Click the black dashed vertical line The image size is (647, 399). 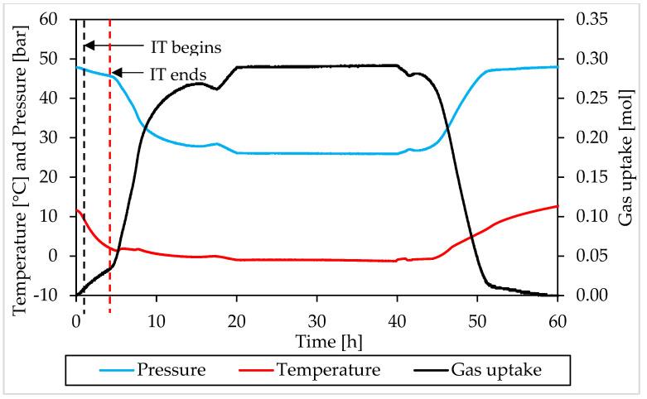[84, 166]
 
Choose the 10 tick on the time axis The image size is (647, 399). [157, 317]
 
